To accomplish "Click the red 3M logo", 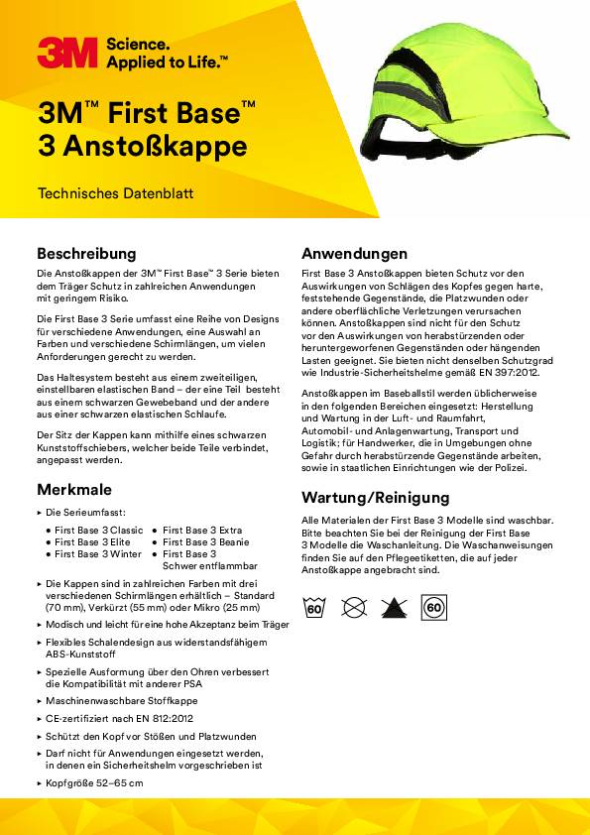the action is tap(67, 53).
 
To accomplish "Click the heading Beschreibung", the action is tap(86, 253).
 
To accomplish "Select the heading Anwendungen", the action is tap(354, 253).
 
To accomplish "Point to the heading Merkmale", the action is tap(74, 489).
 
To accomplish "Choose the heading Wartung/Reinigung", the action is tap(375, 497).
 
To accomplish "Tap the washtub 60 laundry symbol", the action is tap(314, 607).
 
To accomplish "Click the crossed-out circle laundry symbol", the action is tap(354, 607).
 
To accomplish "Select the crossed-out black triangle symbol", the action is tap(394, 607).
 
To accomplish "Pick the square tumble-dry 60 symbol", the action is tap(433, 607).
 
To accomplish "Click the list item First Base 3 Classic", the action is tap(98, 531).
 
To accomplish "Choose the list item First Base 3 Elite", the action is tap(92, 542).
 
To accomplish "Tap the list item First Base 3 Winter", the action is tap(96, 554).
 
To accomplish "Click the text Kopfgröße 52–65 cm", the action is tap(94, 783).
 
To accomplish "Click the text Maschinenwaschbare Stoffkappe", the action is tap(114, 699).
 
